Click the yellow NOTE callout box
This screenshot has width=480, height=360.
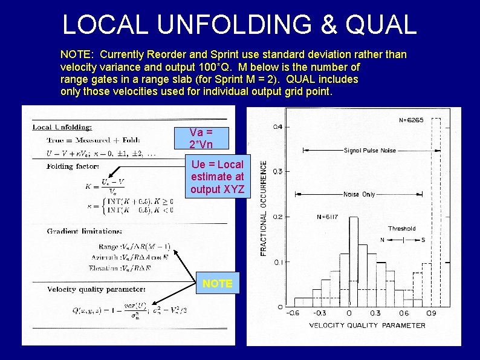coord(218,283)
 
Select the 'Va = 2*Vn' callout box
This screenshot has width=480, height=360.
coord(201,138)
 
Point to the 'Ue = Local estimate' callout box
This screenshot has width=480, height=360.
coord(218,177)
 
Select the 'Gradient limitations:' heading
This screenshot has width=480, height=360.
coord(85,231)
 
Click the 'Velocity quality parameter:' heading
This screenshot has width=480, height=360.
coord(96,289)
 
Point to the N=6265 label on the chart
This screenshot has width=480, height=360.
coord(411,120)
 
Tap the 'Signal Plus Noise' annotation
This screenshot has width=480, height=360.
coord(370,151)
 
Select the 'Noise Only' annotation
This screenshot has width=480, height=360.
coord(359,194)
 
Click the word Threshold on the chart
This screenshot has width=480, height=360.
coord(402,229)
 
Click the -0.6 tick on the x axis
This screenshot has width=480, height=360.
coord(293,313)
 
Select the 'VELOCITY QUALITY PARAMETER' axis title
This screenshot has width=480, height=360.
coord(367,325)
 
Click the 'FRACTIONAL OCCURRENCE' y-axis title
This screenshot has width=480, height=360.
coord(265,208)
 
